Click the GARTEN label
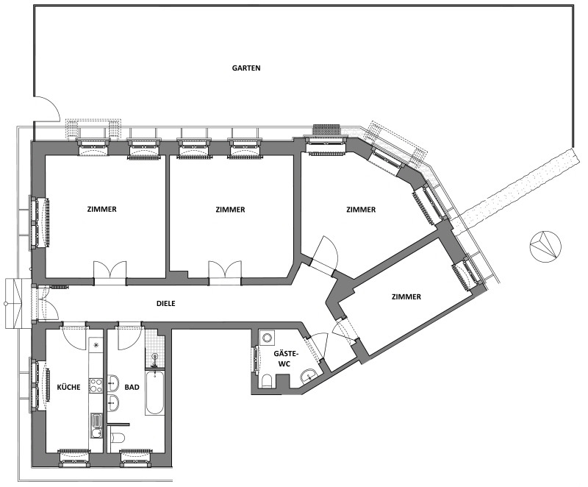[x=246, y=68]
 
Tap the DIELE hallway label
[x=166, y=304]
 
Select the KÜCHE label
[x=68, y=387]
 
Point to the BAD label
[x=132, y=387]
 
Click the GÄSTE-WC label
[x=287, y=358]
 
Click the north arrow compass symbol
[x=545, y=246]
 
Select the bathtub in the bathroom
[x=154, y=392]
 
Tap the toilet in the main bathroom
[x=118, y=437]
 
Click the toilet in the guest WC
[x=267, y=382]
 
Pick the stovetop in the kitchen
[x=96, y=385]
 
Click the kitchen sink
[x=96, y=425]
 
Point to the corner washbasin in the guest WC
[x=309, y=376]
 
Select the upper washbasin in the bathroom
[x=113, y=383]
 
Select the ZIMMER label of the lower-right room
[x=406, y=296]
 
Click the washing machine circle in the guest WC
[x=268, y=338]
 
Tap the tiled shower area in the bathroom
[x=155, y=349]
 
